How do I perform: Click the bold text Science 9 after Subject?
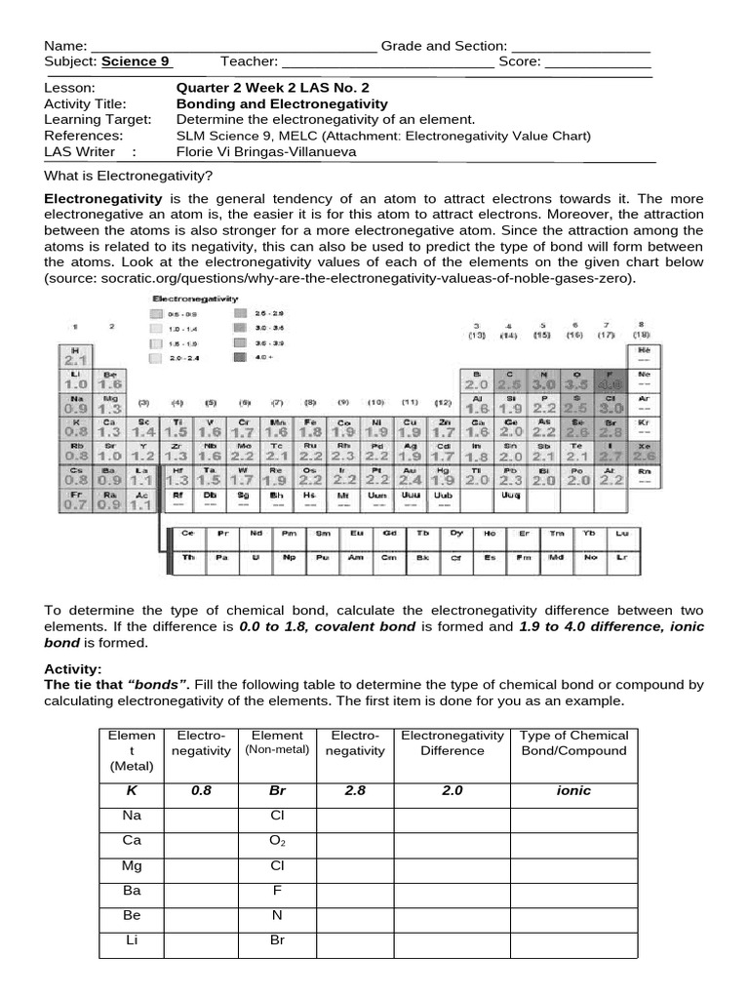[x=136, y=61]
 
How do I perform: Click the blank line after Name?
[x=233, y=48]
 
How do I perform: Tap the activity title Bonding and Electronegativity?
[x=281, y=103]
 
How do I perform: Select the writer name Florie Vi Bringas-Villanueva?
[x=266, y=151]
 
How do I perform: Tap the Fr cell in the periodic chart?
[x=75, y=500]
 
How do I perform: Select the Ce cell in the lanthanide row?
[x=188, y=534]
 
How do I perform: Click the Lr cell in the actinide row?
[x=621, y=557]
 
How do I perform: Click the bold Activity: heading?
[x=73, y=668]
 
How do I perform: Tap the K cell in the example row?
[x=133, y=791]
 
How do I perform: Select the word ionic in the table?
[x=573, y=791]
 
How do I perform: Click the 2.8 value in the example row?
[x=352, y=791]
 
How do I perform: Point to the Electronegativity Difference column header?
[x=452, y=742]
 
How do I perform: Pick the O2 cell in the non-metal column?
[x=278, y=840]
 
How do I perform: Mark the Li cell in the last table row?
[x=133, y=941]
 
